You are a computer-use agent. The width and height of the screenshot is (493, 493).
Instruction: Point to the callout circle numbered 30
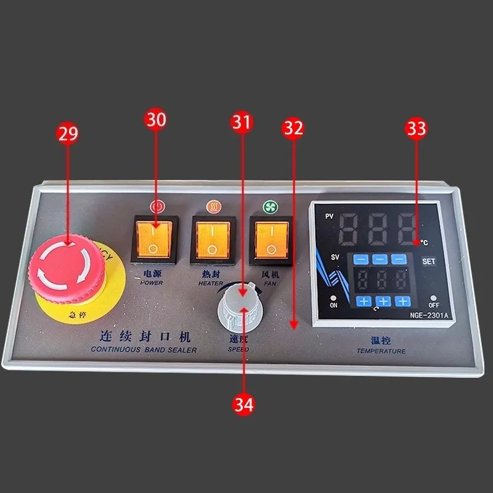click(x=156, y=120)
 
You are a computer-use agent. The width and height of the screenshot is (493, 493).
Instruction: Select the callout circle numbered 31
click(x=242, y=122)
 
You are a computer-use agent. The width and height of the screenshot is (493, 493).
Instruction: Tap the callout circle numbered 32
click(x=293, y=128)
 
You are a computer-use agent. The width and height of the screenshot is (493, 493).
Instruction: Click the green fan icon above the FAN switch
click(x=269, y=207)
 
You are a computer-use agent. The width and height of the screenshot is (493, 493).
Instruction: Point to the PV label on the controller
click(x=329, y=216)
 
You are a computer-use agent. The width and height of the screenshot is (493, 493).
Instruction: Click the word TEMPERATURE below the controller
click(x=381, y=351)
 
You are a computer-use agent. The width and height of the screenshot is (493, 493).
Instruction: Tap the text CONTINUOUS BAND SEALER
click(x=144, y=350)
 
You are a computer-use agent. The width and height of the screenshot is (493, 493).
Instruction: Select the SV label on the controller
click(x=335, y=256)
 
